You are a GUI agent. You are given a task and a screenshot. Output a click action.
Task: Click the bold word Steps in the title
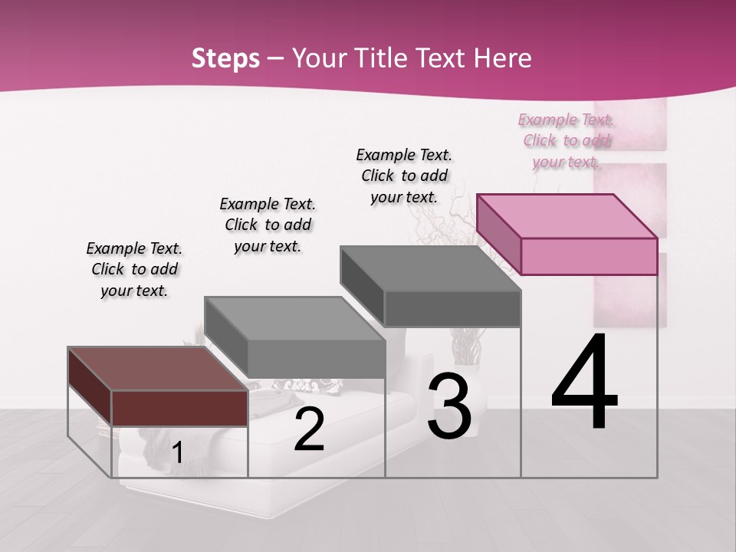pyautogui.click(x=225, y=58)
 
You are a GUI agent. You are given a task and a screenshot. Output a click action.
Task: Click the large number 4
pyautogui.click(x=584, y=383)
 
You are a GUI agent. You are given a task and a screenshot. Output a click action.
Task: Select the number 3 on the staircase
pyautogui.click(x=449, y=407)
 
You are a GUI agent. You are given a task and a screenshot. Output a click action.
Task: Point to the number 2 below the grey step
pyautogui.click(x=309, y=430)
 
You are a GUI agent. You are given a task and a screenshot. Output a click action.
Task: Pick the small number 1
pyautogui.click(x=177, y=453)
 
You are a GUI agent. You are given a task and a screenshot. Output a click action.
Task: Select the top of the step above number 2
pyautogui.click(x=294, y=317)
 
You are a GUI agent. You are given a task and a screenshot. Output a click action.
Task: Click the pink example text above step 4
pyautogui.click(x=567, y=140)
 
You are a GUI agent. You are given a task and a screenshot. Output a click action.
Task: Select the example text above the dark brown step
pyautogui.click(x=134, y=269)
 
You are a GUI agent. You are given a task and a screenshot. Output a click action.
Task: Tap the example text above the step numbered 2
pyautogui.click(x=268, y=225)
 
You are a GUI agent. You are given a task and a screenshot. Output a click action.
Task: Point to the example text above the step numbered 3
pyautogui.click(x=404, y=176)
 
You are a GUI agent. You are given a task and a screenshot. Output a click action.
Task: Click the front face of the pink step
pyautogui.click(x=589, y=256)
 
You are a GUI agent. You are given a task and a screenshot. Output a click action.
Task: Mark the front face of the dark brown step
pyautogui.click(x=179, y=408)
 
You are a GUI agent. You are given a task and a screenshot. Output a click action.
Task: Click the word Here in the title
pyautogui.click(x=504, y=58)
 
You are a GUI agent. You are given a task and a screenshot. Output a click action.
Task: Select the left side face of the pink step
pyautogui.click(x=499, y=233)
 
